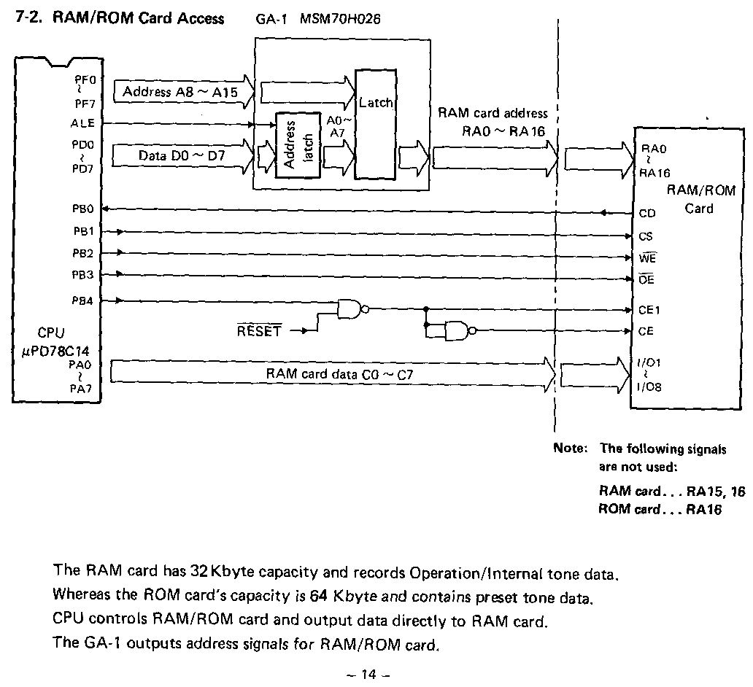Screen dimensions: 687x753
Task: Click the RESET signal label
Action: coord(259,331)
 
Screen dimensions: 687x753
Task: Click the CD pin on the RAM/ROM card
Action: coord(646,214)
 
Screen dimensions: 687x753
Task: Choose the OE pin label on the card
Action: coord(646,280)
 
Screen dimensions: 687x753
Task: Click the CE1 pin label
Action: coord(649,310)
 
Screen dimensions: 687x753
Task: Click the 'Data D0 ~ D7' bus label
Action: coord(182,155)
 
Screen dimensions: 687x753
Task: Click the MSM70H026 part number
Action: coord(340,18)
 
